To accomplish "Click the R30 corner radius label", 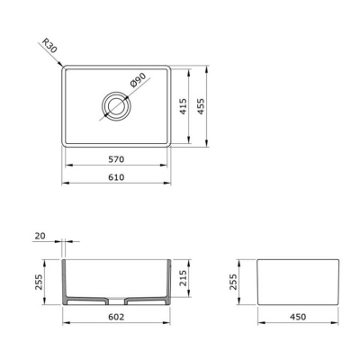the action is point(49,46).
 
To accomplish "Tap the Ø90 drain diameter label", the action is point(138,80).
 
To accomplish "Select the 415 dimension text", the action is point(184,106).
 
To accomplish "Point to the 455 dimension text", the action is point(201,106).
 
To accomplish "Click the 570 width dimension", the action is point(116,159).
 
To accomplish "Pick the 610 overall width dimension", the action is point(116,177).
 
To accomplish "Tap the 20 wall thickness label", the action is point(40,236).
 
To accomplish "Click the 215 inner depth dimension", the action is point(183,278).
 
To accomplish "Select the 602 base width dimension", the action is point(116,317).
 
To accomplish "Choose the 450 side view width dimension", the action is point(298,317).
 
